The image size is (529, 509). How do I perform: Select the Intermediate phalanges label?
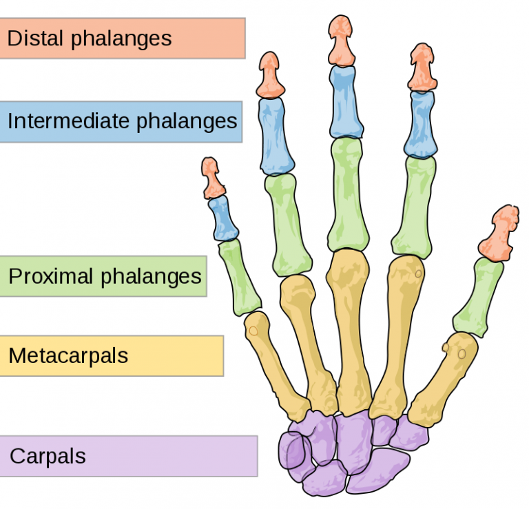point(121,122)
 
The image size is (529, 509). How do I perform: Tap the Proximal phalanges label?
point(103,276)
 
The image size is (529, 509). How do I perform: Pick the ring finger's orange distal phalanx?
point(271,76)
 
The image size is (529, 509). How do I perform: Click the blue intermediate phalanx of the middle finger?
point(345,102)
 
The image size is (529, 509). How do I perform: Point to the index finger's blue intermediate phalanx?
point(420,124)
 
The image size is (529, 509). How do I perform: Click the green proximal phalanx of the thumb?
point(479,296)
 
